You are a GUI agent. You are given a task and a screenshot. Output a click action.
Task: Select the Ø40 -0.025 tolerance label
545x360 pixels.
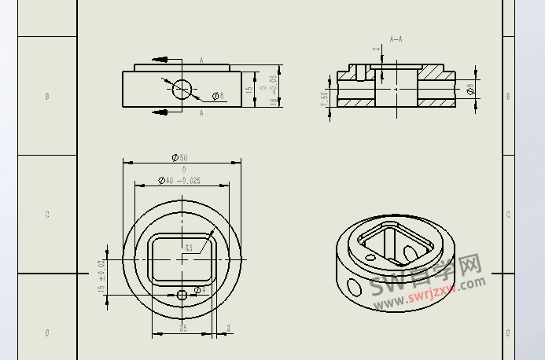(x=179, y=181)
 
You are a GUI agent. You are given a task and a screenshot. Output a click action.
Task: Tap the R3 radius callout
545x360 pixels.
(x=188, y=248)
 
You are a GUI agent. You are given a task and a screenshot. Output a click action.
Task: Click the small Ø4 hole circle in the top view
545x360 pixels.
(x=182, y=294)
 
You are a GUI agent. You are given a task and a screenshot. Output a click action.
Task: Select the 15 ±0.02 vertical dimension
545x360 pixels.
(x=101, y=277)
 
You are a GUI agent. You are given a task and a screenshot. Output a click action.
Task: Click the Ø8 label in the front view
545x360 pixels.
(x=218, y=97)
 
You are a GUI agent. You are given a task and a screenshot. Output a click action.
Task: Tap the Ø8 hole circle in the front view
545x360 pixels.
(x=182, y=89)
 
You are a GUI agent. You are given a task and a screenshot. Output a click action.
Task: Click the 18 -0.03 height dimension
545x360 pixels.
(x=273, y=90)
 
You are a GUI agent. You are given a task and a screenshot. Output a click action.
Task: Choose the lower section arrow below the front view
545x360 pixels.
(x=160, y=112)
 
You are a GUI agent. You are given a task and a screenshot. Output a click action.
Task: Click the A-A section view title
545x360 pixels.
(x=396, y=38)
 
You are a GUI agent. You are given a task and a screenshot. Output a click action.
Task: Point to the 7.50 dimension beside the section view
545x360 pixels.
(x=324, y=101)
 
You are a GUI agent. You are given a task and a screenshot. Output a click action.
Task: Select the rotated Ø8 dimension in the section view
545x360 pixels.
(x=470, y=90)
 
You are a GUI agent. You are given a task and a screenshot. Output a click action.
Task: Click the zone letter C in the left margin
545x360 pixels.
(x=47, y=214)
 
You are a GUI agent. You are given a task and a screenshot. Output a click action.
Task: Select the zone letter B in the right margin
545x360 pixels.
(x=508, y=96)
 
